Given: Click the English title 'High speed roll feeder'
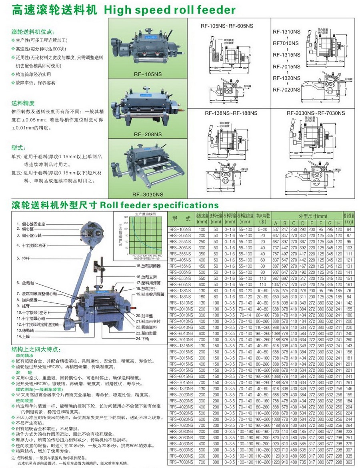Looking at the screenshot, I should pyautogui.click(x=169, y=10).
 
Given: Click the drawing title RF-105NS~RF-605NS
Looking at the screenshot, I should pyautogui.click(x=227, y=26).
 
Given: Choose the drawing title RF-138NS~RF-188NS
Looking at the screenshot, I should pyautogui.click(x=227, y=113).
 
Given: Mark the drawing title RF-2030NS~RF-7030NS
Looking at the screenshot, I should pyautogui.click(x=316, y=113).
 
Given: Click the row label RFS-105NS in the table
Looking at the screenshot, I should pyautogui.click(x=180, y=229).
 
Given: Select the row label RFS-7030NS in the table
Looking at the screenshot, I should pyautogui.click(x=181, y=462).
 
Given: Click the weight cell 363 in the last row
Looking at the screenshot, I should pyautogui.click(x=349, y=462).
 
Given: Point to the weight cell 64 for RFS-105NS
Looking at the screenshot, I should pyautogui.click(x=349, y=229).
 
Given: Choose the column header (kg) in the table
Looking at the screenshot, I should pyautogui.click(x=349, y=221).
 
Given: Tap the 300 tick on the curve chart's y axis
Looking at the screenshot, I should pyautogui.click(x=126, y=217).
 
